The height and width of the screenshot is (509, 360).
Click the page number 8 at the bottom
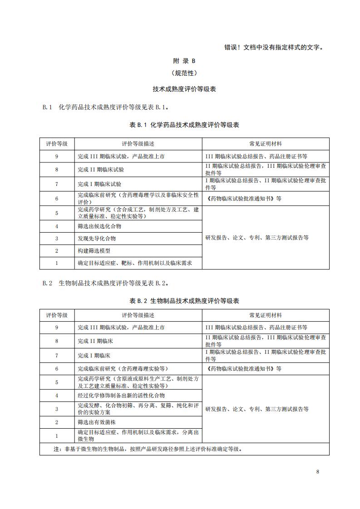click(318, 471)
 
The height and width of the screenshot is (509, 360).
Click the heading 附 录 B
click(184, 60)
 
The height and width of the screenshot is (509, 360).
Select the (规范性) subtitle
click(184, 73)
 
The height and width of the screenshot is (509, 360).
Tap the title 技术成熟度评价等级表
click(184, 89)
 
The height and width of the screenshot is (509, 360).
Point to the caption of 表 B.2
click(184, 301)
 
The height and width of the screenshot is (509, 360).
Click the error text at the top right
click(275, 47)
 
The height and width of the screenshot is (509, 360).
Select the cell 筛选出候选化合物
click(99, 226)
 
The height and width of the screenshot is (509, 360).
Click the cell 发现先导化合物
click(97, 238)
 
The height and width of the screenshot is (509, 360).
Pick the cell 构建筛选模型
click(94, 250)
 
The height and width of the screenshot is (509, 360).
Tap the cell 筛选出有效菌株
click(97, 422)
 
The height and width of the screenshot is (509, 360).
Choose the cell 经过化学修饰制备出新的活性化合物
click(121, 395)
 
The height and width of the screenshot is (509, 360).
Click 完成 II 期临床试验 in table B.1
click(100, 169)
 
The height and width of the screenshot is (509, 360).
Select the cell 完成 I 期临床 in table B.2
click(94, 355)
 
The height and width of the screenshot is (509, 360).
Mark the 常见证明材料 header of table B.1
click(266, 144)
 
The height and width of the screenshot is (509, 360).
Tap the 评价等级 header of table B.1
click(57, 144)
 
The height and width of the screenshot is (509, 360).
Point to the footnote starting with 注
click(148, 449)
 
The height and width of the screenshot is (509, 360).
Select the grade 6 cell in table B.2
click(57, 369)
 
